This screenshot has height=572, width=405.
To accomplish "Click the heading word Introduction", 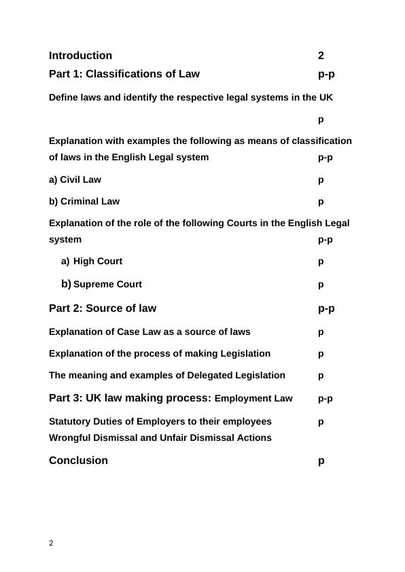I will [80, 56].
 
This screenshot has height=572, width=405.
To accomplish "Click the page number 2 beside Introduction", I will [321, 56].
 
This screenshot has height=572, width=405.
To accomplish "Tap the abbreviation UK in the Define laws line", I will [326, 97].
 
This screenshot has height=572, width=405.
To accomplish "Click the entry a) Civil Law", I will [75, 180].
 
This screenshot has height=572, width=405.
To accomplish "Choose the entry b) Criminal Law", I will [84, 201].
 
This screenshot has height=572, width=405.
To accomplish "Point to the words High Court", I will [98, 261].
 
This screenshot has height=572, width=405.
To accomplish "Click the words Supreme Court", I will [107, 285].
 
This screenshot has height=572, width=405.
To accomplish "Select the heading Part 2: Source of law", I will [103, 308].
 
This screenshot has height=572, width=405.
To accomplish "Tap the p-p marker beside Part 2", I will [326, 308].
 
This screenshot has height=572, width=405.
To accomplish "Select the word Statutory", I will [70, 421].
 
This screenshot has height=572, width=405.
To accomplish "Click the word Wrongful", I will [71, 437].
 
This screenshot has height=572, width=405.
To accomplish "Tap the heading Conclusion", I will [78, 461].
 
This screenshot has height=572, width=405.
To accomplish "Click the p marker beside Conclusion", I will [321, 461].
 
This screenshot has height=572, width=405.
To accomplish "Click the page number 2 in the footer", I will [51, 543].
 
